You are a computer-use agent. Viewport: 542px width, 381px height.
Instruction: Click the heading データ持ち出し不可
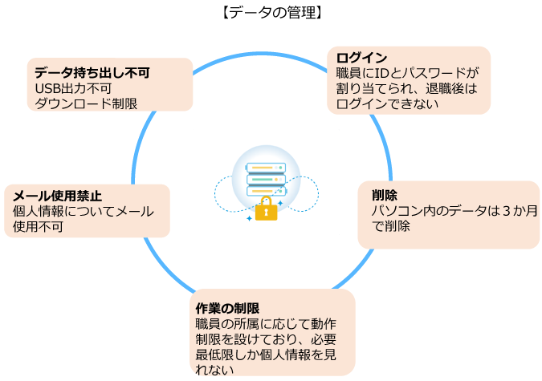93,72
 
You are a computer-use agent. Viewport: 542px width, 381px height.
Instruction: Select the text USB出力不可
69,87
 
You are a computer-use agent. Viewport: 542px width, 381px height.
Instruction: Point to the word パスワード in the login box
435,73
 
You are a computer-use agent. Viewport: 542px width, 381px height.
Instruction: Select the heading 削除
385,195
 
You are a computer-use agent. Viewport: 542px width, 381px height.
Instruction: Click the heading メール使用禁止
58,196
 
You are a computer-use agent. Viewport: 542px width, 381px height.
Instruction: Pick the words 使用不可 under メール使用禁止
39,227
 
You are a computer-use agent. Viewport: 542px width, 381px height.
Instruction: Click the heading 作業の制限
228,308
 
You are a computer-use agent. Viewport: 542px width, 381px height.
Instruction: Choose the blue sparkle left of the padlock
249,217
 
